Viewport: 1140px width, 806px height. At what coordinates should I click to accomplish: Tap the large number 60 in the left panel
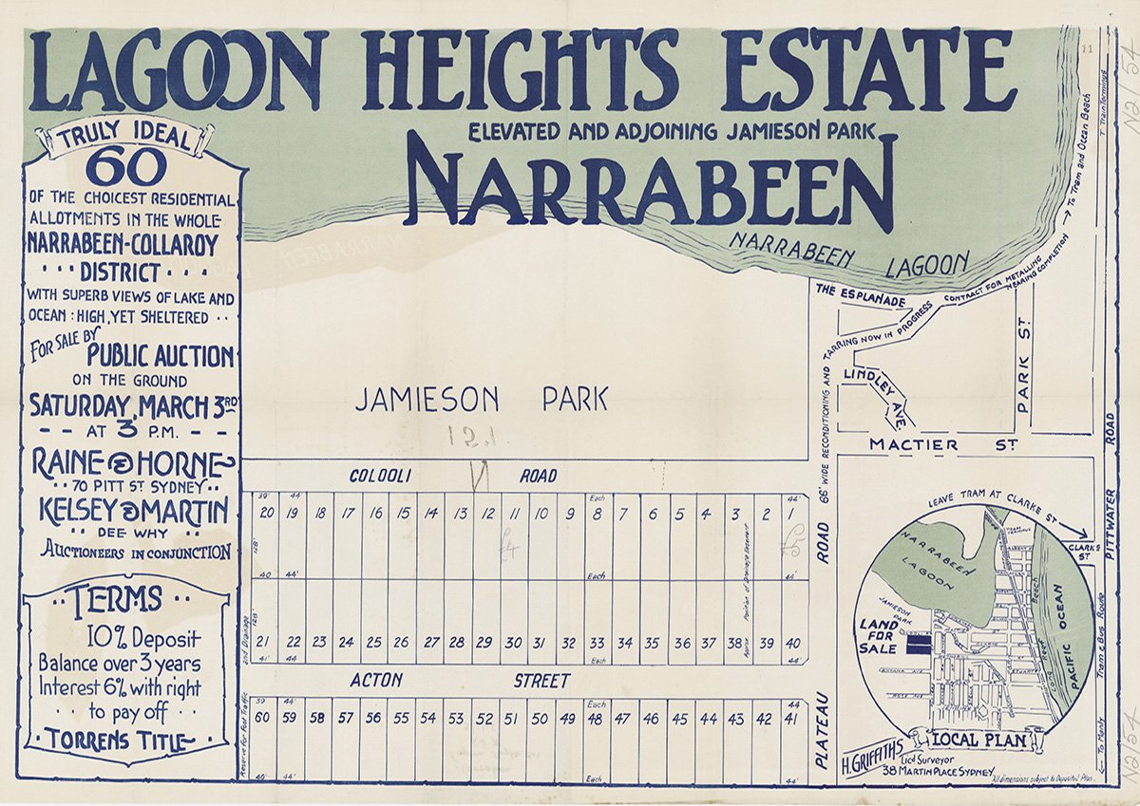pyautogui.click(x=125, y=169)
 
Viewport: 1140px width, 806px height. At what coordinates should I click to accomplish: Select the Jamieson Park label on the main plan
pyautogui.click(x=481, y=400)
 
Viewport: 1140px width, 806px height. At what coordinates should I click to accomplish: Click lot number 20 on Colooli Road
pyautogui.click(x=266, y=514)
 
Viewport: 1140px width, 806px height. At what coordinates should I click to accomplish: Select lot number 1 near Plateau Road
pyautogui.click(x=791, y=515)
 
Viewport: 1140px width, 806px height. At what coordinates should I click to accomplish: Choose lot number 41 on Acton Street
pyautogui.click(x=790, y=719)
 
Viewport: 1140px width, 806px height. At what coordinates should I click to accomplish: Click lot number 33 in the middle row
pyautogui.click(x=597, y=643)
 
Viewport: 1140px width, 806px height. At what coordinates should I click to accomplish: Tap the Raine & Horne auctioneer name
pyautogui.click(x=131, y=463)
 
